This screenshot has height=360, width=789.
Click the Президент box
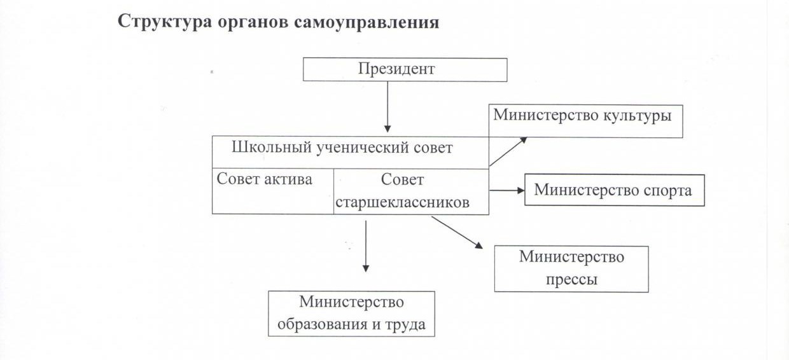pos(405,69)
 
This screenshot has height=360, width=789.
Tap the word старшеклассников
pos(402,203)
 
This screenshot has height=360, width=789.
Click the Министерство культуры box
pos(585,121)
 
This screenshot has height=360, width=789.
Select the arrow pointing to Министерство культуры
pos(508,151)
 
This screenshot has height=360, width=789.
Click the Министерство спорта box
pos(614,190)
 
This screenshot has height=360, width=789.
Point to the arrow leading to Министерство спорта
pos(506,190)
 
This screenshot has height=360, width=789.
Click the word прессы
pos(571,279)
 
